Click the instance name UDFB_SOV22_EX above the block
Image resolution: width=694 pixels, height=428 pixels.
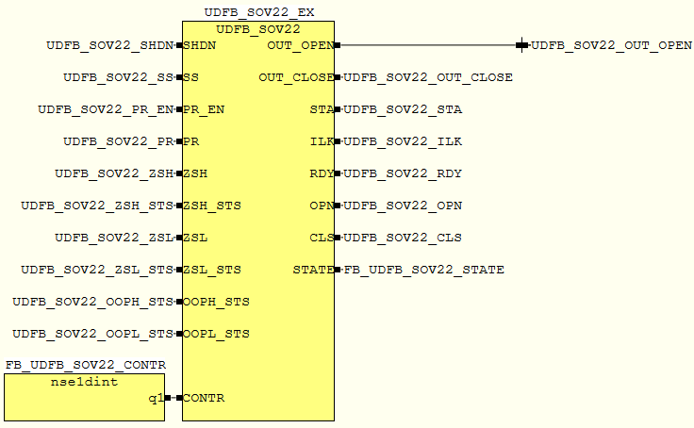[x=259, y=12]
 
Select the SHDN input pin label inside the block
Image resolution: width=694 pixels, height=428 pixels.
[x=199, y=45]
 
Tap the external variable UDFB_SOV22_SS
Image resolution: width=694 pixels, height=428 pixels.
[x=118, y=77]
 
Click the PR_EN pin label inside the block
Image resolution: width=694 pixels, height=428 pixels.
[x=204, y=109]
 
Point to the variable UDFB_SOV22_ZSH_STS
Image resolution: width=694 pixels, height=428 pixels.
[x=97, y=206]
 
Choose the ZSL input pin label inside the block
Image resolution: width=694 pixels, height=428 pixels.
[x=195, y=238]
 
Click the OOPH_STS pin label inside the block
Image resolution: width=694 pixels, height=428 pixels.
[x=216, y=302]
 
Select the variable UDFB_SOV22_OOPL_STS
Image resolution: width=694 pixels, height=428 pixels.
[x=92, y=334]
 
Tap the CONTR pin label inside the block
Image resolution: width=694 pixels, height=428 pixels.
[x=204, y=398]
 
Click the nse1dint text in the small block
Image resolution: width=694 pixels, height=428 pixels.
[x=84, y=383]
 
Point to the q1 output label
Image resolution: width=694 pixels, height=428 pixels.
[x=156, y=398]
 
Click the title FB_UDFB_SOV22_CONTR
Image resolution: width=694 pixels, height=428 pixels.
[x=85, y=365]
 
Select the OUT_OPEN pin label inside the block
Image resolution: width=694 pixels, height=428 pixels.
[x=299, y=45]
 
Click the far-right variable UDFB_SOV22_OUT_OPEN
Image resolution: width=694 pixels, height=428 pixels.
[x=611, y=45]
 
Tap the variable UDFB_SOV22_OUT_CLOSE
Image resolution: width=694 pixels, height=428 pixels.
[x=428, y=77]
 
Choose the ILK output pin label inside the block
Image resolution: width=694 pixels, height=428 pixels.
[x=322, y=141]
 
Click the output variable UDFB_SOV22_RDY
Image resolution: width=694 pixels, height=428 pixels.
[x=403, y=173]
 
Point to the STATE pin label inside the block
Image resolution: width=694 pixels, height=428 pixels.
[x=313, y=270]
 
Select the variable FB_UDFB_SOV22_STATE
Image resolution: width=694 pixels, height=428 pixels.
[x=423, y=270]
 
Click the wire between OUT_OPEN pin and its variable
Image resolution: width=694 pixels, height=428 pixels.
[x=429, y=45]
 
